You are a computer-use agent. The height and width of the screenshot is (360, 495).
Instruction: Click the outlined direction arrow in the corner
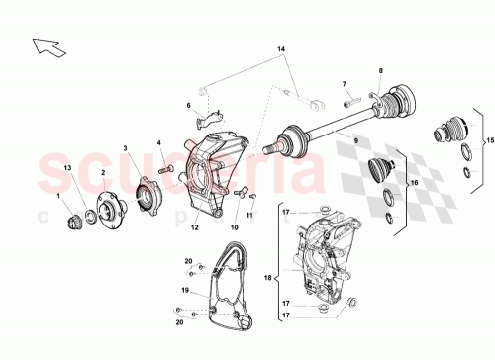(x=46, y=45)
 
